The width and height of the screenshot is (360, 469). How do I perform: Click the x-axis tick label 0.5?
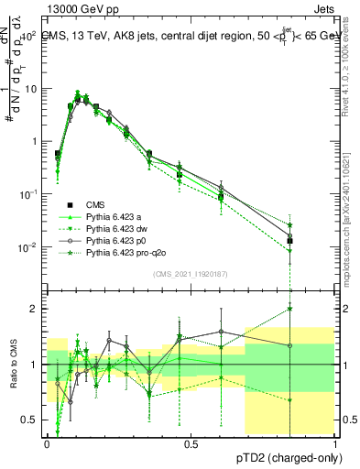[191, 444]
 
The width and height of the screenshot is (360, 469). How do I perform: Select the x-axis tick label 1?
[335, 444]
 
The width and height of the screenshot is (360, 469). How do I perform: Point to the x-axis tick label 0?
[47, 444]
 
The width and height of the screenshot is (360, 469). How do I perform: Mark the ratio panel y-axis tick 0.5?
[30, 420]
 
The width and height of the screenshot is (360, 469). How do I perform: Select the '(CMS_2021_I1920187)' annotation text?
[191, 274]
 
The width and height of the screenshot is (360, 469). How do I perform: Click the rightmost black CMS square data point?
[290, 242]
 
